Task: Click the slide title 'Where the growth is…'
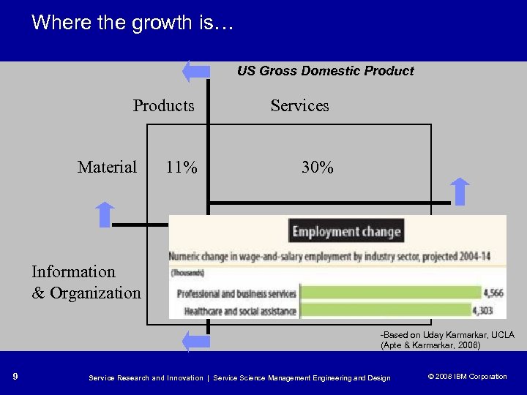click(132, 23)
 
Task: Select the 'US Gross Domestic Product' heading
click(325, 71)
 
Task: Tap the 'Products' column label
click(163, 105)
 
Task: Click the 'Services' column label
click(299, 105)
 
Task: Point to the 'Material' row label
click(107, 168)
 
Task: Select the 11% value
click(181, 168)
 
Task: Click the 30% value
click(318, 168)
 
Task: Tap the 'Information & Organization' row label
click(86, 282)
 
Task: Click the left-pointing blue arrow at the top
click(195, 72)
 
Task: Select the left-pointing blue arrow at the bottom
click(195, 341)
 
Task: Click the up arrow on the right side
click(459, 191)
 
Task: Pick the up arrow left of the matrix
click(105, 214)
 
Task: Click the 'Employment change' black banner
click(346, 232)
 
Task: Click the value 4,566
click(491, 294)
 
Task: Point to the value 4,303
click(491, 311)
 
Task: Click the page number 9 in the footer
click(16, 377)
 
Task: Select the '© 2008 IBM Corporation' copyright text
click(466, 377)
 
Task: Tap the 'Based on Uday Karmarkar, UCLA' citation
click(446, 335)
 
